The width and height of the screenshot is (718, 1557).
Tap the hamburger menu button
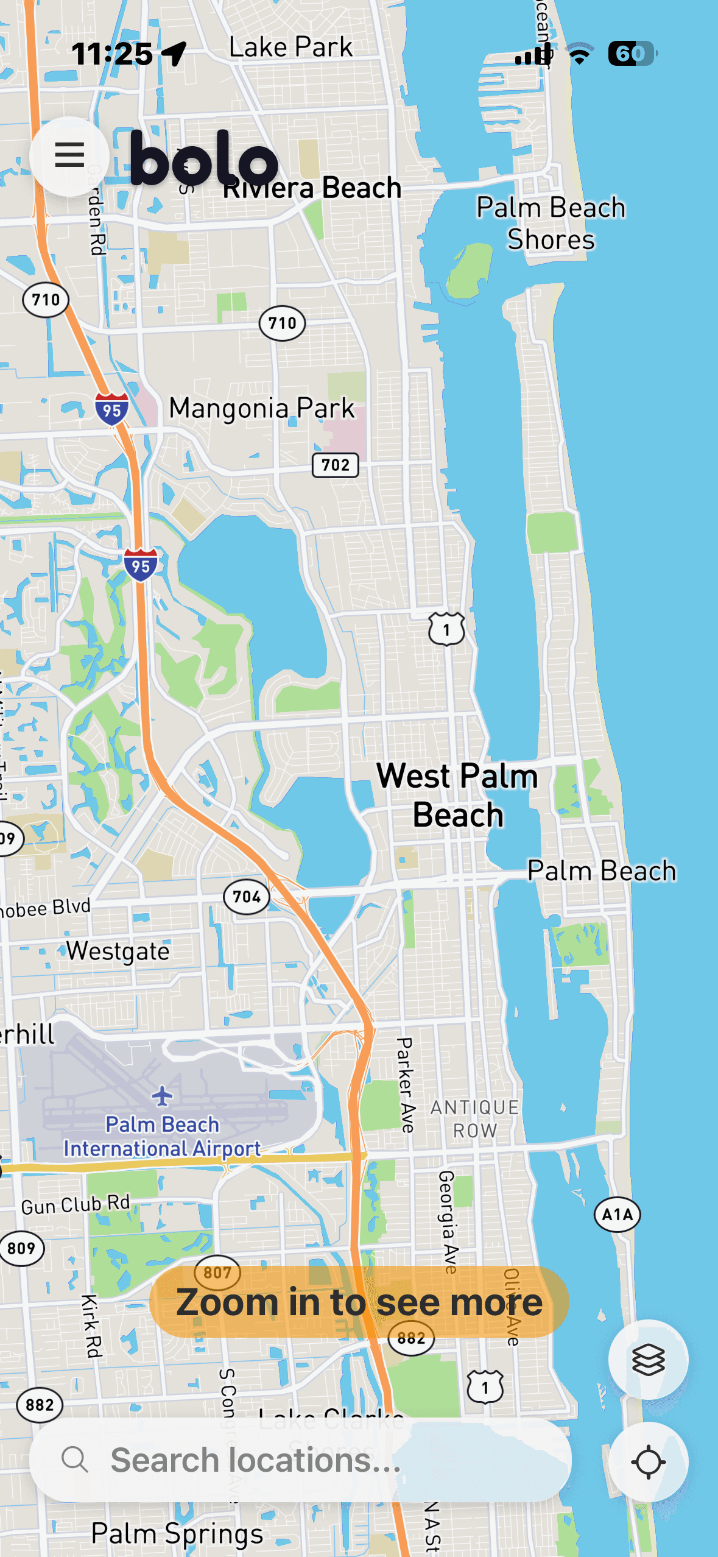69,155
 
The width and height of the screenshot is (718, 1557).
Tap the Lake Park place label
290,47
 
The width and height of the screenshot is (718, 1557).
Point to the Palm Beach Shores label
551,223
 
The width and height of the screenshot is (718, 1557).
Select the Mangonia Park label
261,408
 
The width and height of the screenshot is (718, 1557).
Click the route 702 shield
335,465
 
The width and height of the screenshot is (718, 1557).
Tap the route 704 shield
246,897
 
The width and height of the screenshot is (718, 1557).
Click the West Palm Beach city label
457,795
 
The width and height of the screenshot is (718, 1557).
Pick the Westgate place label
118,951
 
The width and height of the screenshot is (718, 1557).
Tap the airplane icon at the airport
162,1095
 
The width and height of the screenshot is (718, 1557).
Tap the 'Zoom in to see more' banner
359,1302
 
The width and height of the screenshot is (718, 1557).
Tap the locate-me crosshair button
648,1461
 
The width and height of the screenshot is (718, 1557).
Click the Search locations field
301,1460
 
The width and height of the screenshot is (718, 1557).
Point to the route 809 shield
21,1248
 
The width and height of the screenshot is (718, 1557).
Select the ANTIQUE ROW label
474,1118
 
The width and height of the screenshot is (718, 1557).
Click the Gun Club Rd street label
76,1204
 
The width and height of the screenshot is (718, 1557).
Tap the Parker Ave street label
405,1085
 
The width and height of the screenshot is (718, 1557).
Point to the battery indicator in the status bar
632,54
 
